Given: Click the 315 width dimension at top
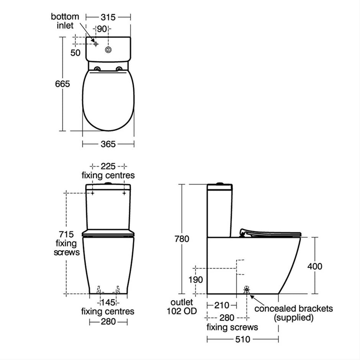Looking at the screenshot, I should pyautogui.click(x=108, y=17).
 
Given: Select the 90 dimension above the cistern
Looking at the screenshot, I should pyautogui.click(x=101, y=29).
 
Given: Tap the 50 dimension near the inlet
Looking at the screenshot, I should pyautogui.click(x=76, y=52).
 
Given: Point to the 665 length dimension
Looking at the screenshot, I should pyautogui.click(x=62, y=83).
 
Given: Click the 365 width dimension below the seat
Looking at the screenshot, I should pyautogui.click(x=108, y=144).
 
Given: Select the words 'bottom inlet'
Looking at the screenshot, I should pyautogui.click(x=65, y=21).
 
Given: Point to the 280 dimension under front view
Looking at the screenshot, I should pyautogui.click(x=108, y=322).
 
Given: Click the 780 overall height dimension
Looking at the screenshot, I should pyautogui.click(x=182, y=239).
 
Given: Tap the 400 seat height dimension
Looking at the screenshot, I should pyautogui.click(x=314, y=266).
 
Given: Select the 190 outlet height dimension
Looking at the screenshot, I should pyautogui.click(x=196, y=280).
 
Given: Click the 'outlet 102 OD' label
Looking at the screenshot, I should pyautogui.click(x=182, y=306).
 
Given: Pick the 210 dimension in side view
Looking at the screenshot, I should pyautogui.click(x=221, y=306).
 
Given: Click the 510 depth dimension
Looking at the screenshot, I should pyautogui.click(x=242, y=339).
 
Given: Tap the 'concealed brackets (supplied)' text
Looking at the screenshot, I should pyautogui.click(x=294, y=313).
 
